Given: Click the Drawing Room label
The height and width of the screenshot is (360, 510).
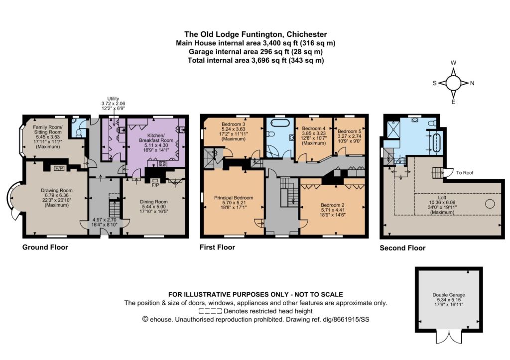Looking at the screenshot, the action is tap(57, 191).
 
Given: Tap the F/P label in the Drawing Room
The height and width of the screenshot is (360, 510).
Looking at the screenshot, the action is tap(59, 168).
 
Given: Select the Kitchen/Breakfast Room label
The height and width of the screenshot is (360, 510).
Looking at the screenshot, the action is tap(156, 138).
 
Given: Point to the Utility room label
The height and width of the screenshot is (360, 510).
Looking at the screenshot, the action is tap(113, 99).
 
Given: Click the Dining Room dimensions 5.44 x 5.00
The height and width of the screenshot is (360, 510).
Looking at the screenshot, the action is tap(153, 207).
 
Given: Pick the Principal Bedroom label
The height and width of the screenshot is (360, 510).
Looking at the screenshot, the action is tap(234, 198).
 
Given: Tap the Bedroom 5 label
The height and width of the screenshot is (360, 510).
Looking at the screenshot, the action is tap(349, 131).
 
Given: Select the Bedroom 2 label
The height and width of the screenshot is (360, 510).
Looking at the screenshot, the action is tap(332, 205).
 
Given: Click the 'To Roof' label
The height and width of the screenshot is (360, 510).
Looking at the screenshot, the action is tap(465, 173).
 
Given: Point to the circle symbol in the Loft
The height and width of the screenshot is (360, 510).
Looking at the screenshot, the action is tap(490, 204).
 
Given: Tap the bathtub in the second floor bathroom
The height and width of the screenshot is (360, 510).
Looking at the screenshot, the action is tap(436, 142).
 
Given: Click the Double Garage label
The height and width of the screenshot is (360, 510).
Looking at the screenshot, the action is tap(449, 295).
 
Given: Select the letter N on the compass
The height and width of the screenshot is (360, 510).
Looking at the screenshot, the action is tap(472, 83).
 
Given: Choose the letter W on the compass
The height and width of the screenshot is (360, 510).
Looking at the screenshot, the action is tap(453, 63).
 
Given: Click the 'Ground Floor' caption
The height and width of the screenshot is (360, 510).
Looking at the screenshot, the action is tap(45, 247).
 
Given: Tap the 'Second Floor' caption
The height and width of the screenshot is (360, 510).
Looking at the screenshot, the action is tap(402, 248).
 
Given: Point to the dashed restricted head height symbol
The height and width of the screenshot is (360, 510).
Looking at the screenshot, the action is tap(211, 311).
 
